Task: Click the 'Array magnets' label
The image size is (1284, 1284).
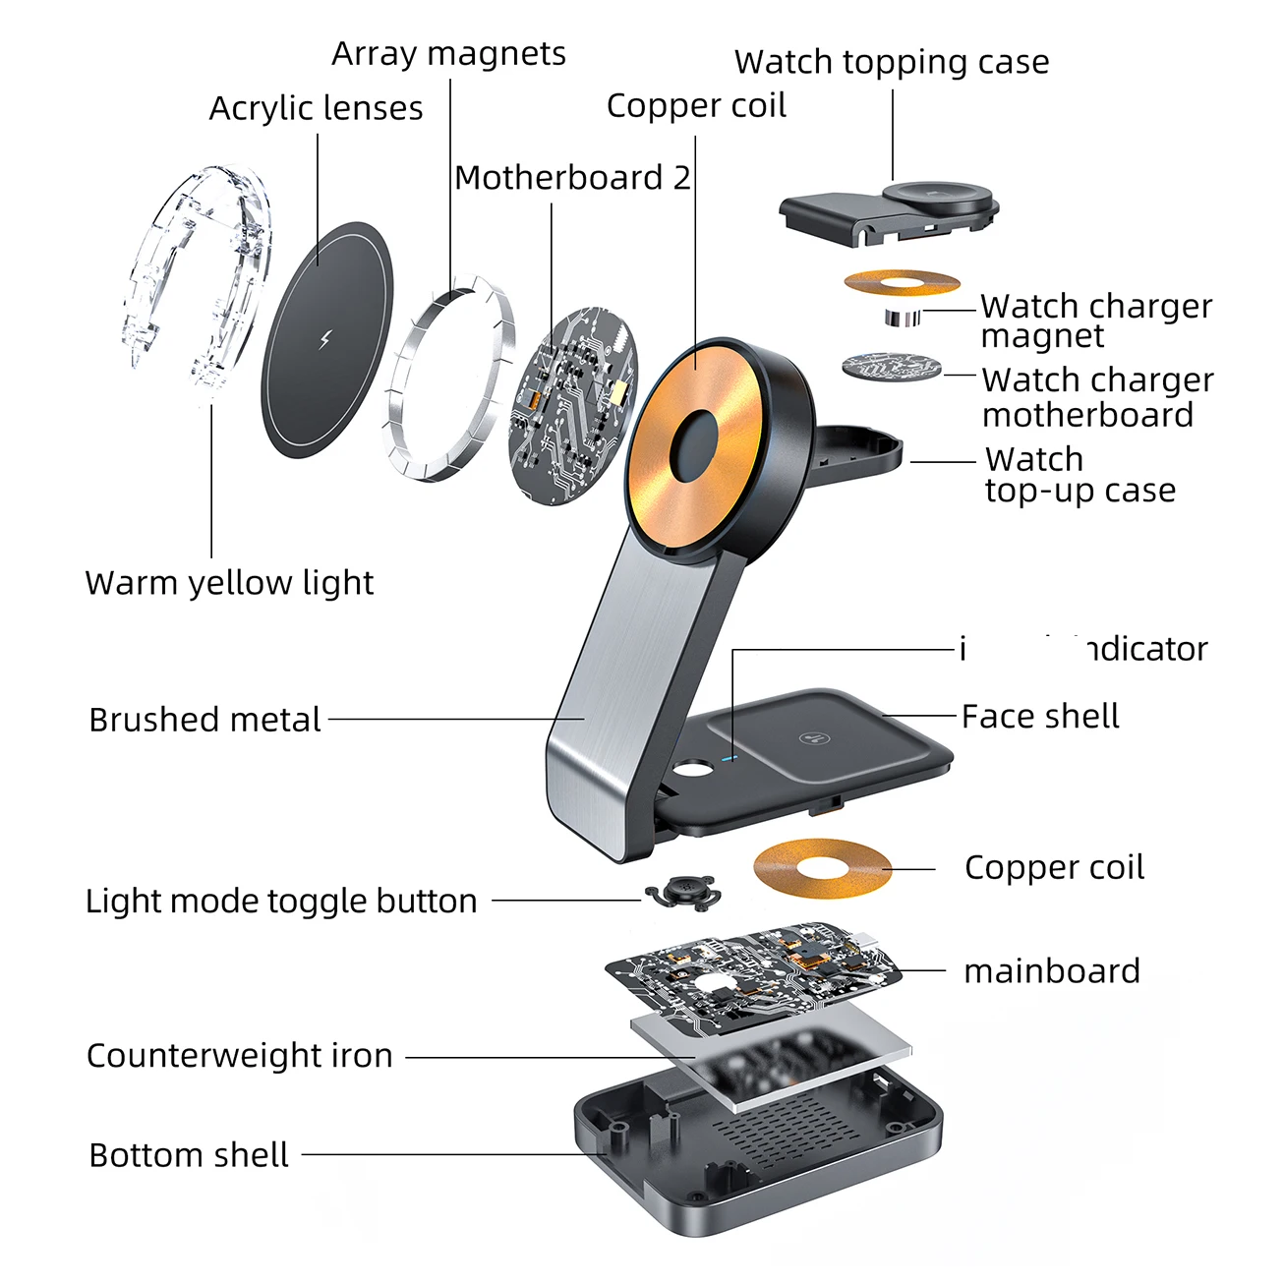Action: (448, 54)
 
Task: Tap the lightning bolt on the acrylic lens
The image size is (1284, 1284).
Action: (327, 340)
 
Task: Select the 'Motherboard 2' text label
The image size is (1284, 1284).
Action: (572, 178)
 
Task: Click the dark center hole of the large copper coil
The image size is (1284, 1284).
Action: (694, 444)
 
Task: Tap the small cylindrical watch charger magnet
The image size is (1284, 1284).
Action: (900, 317)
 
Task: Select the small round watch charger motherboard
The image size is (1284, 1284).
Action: (891, 368)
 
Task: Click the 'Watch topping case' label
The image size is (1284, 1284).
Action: (891, 62)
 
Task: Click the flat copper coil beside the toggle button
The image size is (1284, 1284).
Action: (822, 868)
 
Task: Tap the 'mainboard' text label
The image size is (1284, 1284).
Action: (1051, 971)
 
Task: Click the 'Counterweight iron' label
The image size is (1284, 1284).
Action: (240, 1056)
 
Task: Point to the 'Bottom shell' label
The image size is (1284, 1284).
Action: (189, 1155)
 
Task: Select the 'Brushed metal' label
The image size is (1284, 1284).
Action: (204, 720)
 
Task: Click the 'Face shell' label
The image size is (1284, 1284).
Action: (1040, 717)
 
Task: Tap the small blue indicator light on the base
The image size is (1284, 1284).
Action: (730, 758)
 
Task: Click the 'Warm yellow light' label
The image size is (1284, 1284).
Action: (229, 583)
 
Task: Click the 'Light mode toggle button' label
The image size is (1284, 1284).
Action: (281, 901)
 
